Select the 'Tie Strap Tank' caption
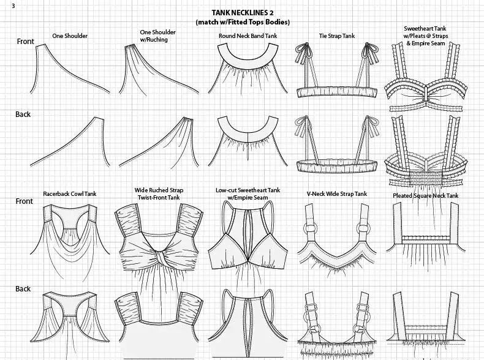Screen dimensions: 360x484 (336, 36)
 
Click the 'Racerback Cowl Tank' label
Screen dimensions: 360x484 (69, 194)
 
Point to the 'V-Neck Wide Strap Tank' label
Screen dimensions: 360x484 (336, 194)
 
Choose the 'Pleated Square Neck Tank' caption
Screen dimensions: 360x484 (425, 195)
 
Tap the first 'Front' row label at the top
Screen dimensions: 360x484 (25, 42)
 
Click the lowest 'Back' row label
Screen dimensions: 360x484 (23, 288)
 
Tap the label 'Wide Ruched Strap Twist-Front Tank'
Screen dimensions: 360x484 (159, 193)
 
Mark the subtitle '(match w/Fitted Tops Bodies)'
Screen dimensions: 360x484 (243, 22)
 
